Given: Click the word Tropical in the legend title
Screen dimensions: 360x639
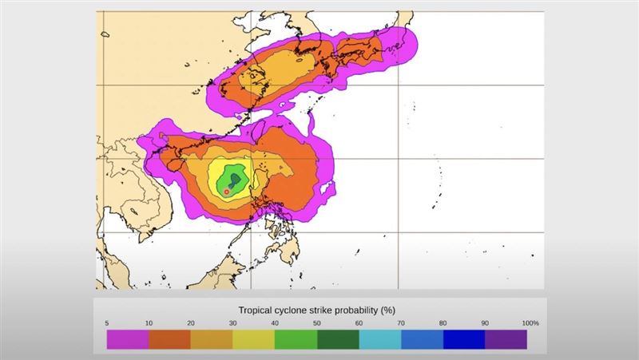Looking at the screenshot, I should point(257,309).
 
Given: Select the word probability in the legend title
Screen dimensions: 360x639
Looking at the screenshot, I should point(351,309).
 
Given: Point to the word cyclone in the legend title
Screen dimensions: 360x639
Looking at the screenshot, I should point(296,309).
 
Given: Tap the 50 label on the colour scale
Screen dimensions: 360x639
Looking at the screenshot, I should point(318,322).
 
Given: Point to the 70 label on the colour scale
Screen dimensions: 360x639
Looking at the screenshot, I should point(402,322).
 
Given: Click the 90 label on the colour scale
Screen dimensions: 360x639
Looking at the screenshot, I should point(486,322).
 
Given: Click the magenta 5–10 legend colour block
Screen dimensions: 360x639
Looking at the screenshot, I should point(128,338).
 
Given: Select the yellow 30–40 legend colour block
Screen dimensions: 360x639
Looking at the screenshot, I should point(253,338).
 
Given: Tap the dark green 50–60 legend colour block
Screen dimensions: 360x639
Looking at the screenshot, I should point(338,338).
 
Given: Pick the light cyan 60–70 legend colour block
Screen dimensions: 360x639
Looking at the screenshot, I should point(380,338).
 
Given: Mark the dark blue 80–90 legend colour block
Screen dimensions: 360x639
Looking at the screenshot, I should point(464,338).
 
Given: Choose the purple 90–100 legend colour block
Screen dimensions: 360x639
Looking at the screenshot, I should point(506,338).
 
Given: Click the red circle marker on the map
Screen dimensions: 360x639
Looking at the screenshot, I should point(227,192).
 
